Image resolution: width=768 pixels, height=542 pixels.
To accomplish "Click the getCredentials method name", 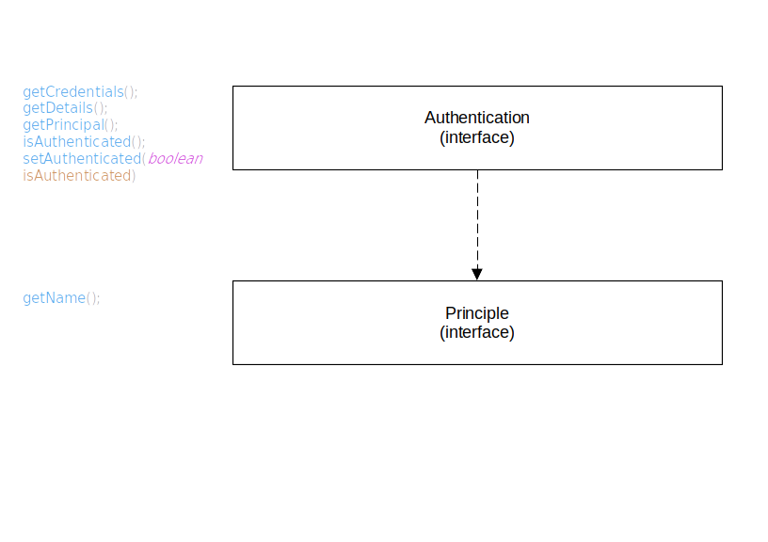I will (x=73, y=92).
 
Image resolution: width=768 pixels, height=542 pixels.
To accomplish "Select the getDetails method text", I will (x=57, y=108).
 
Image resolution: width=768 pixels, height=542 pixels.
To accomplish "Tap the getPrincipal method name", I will (x=62, y=125).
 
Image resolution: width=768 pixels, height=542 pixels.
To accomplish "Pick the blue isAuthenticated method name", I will (x=76, y=142).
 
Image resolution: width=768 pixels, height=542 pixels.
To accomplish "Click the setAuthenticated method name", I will (x=81, y=159).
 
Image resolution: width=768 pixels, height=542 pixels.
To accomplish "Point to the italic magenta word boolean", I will (x=175, y=159).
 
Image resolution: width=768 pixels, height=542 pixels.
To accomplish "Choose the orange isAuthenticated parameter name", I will (x=76, y=176).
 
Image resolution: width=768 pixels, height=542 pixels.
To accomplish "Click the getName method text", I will (x=54, y=298).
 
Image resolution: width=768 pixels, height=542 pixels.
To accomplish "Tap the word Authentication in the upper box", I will (x=477, y=118).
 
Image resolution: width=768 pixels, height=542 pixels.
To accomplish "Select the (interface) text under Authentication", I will (x=477, y=136).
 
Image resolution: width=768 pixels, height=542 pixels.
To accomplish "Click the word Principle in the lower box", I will (x=477, y=313).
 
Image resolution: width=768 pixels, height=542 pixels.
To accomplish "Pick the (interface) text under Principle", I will (x=477, y=332).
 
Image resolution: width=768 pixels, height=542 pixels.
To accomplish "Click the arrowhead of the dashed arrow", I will (x=477, y=274).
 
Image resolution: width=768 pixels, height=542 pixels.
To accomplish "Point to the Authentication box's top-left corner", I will (x=233, y=87).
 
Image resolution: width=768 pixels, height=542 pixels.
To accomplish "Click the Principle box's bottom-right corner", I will (x=722, y=364).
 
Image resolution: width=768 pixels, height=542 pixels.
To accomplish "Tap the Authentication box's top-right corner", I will (x=722, y=87).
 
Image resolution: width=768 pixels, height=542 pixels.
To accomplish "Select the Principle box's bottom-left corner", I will (x=233, y=364).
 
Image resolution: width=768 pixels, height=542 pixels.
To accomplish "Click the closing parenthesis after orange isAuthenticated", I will (x=134, y=176).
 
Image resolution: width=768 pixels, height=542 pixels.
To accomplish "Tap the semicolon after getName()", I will (x=98, y=299).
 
